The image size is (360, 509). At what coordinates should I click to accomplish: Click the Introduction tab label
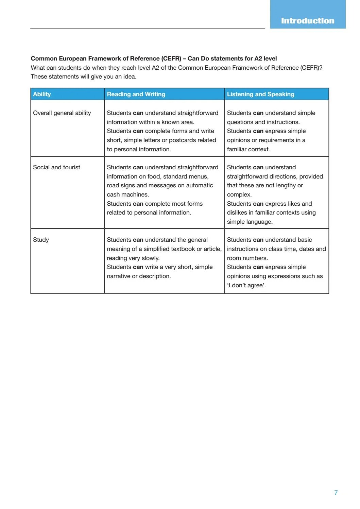307,21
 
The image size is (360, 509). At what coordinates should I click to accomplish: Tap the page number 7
336,493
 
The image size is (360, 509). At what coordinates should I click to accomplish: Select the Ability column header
42,94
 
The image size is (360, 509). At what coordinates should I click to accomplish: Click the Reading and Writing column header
136,94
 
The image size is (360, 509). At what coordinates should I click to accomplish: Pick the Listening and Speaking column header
260,94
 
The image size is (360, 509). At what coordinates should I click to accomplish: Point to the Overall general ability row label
62,113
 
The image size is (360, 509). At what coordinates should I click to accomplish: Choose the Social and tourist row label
56,167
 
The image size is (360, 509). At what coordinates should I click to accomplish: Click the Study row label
41,240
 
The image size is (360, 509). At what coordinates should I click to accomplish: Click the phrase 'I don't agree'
246,285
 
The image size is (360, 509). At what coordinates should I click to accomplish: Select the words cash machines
127,194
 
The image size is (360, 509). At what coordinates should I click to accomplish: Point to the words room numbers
247,258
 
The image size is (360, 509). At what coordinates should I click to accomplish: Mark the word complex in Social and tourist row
239,194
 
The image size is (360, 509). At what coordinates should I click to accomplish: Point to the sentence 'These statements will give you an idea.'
83,77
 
